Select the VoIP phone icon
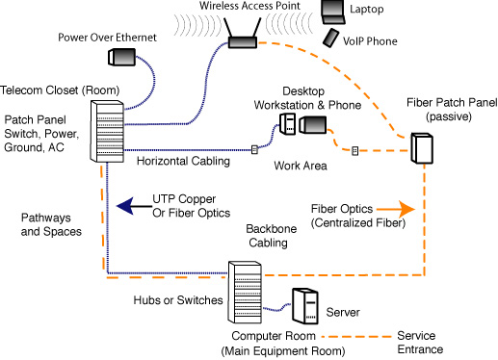(330, 38)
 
